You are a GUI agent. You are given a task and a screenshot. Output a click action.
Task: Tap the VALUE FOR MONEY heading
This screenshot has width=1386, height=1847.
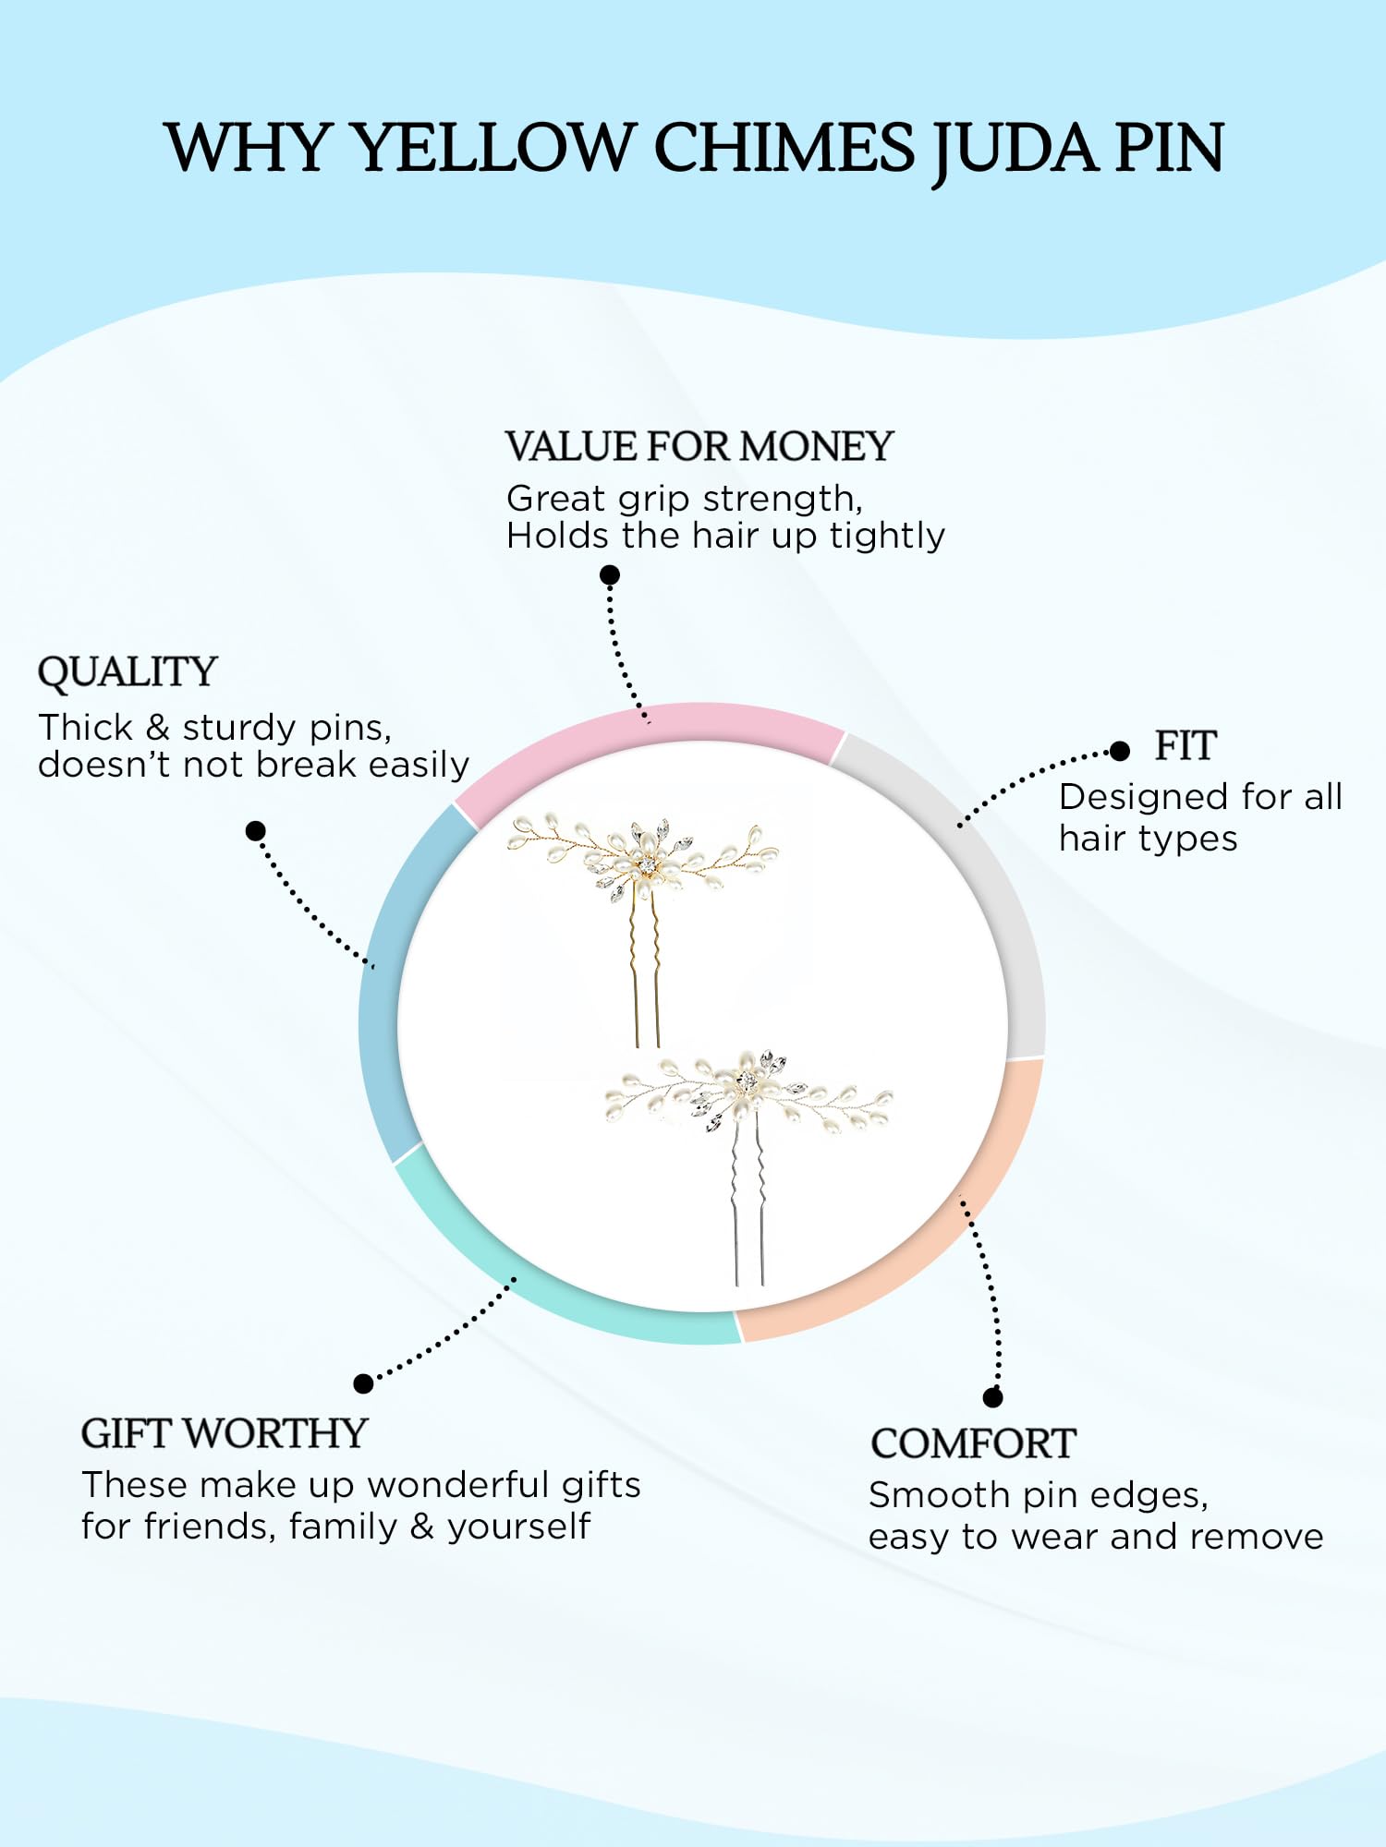[699, 446]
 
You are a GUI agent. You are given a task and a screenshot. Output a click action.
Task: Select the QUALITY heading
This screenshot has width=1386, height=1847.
[128, 673]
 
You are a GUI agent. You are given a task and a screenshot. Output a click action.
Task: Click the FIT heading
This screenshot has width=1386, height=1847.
[1185, 745]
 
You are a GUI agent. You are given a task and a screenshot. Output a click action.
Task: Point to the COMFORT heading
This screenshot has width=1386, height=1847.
[973, 1443]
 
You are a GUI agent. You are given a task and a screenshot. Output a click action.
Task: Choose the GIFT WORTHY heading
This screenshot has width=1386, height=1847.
[225, 1433]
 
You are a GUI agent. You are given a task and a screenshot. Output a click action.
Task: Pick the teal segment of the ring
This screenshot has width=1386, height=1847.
[536, 1293]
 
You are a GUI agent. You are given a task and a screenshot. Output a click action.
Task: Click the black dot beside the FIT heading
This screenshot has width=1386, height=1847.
[1120, 751]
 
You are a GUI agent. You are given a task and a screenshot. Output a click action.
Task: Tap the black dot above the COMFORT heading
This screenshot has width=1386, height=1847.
[993, 1397]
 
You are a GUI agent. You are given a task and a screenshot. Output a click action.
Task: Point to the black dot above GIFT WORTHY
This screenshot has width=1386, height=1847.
[363, 1383]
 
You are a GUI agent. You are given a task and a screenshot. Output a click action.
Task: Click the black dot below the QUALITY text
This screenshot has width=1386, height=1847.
[256, 831]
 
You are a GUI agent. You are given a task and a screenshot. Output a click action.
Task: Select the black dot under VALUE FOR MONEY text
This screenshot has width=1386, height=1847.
[610, 575]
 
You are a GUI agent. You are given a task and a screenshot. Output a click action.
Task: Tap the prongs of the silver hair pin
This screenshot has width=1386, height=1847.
[748, 1201]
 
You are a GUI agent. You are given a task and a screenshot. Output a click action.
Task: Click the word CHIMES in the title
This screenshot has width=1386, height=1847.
[784, 148]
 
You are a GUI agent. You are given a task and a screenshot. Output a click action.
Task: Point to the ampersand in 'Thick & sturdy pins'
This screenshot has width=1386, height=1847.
[158, 728]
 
